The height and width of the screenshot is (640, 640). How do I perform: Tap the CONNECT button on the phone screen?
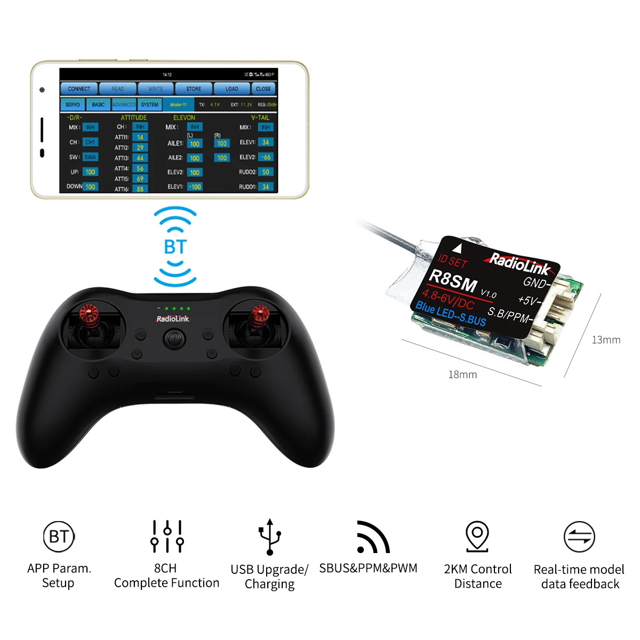[x=79, y=89]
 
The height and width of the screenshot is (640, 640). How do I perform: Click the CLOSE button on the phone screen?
[x=263, y=89]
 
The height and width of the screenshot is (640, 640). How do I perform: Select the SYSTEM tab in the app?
[x=149, y=105]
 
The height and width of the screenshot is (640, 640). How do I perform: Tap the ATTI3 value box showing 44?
[x=140, y=158]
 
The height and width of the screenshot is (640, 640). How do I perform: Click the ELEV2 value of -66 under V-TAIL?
[x=266, y=157]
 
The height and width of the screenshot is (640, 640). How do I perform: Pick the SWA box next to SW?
[x=90, y=157]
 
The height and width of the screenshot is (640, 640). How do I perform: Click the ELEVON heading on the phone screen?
[x=184, y=117]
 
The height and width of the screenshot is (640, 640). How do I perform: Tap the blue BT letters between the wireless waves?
[x=175, y=247]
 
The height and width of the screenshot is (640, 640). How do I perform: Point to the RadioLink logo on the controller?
[x=172, y=319]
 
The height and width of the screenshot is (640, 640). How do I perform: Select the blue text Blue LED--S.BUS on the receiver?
[x=451, y=314]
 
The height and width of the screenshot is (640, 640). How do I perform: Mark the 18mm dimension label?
[x=462, y=374]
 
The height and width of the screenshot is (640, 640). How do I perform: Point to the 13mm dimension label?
[x=606, y=340]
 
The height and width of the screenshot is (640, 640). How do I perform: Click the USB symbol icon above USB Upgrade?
[x=270, y=537]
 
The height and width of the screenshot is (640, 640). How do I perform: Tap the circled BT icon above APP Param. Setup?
[x=59, y=537]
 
